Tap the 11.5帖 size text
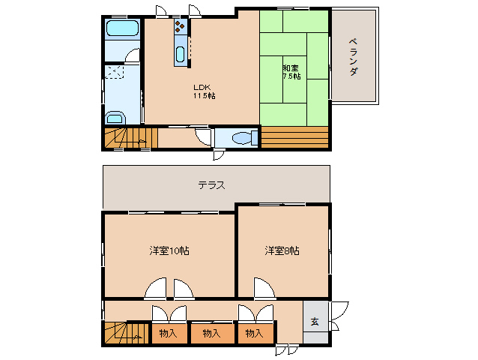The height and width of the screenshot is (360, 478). (205, 96)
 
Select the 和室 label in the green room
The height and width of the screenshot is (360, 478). (291, 66)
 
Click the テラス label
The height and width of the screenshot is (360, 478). (212, 185)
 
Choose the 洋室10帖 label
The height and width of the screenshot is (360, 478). (169, 250)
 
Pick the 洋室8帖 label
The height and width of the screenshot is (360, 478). (282, 250)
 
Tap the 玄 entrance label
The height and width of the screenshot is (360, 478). (315, 322)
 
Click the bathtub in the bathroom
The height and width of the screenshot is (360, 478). (121, 31)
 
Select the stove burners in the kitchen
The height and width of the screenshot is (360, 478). (180, 28)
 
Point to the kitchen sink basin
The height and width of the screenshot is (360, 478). (180, 55)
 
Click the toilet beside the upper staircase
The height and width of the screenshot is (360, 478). (240, 138)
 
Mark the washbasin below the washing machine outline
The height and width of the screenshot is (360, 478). (115, 118)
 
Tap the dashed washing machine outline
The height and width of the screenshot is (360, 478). (115, 73)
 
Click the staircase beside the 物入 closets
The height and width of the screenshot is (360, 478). (125, 331)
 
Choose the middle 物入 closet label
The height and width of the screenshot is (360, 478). (211, 332)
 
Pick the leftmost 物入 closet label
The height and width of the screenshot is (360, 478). (169, 332)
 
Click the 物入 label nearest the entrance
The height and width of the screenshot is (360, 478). (254, 332)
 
